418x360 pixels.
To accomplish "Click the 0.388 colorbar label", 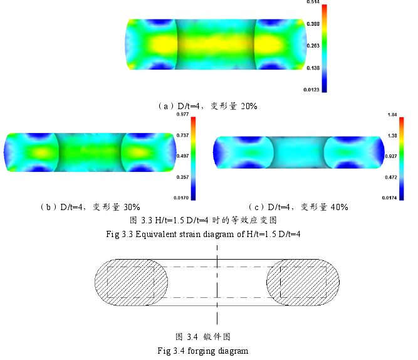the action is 313,24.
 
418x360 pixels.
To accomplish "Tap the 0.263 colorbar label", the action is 313,46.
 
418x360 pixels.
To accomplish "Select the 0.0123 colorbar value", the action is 311,90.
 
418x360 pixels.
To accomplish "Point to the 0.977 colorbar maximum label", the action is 182,114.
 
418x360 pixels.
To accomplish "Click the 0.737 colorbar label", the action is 182,135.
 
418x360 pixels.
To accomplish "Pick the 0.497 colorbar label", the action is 182,156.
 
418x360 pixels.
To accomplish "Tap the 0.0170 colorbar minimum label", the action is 181,198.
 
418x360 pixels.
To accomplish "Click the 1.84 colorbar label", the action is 392,115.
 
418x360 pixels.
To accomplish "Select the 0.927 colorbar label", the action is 391,156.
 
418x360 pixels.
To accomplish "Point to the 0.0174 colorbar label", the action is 389,198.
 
